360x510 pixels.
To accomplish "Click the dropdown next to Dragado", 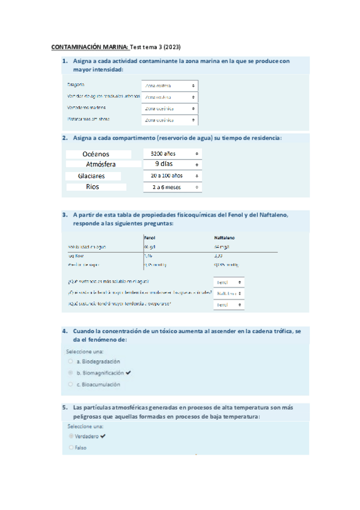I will click(x=170, y=85).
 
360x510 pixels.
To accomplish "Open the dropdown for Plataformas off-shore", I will click(x=170, y=120).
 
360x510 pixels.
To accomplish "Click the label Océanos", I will click(x=96, y=154).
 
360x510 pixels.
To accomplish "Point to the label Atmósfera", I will click(x=101, y=164).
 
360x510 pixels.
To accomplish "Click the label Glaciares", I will click(x=91, y=176).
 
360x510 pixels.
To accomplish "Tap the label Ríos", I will click(x=92, y=187).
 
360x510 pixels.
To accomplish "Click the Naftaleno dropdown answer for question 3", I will click(x=230, y=293).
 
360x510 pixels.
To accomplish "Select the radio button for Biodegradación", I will click(x=71, y=361).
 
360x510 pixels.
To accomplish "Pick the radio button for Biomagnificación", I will click(x=71, y=373).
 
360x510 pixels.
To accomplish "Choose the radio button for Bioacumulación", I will click(x=71, y=384).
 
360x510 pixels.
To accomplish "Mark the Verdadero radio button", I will click(x=71, y=435).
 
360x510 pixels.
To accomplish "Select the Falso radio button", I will click(x=71, y=447).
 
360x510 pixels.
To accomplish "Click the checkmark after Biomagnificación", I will click(x=128, y=373).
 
